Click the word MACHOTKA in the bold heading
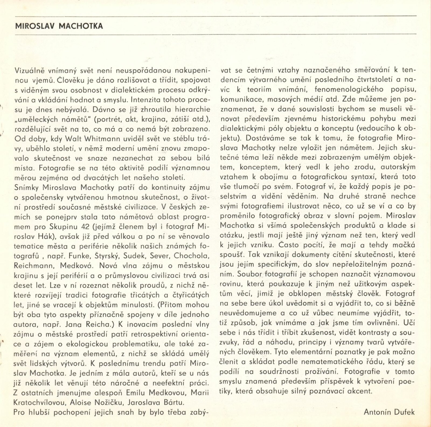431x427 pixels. [81, 26]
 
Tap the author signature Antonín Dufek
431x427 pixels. [389, 412]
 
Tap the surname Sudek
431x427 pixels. [135, 255]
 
